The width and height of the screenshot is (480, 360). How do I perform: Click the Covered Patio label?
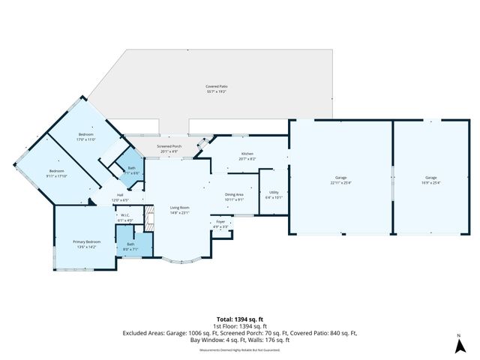[x=217, y=88]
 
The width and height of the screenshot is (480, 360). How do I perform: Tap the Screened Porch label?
[x=169, y=148]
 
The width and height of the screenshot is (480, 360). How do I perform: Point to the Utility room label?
[x=274, y=195]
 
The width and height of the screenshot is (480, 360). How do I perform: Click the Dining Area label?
[x=235, y=197]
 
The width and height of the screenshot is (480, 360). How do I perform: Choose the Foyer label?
[x=220, y=224]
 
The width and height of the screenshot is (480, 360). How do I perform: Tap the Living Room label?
[x=178, y=209]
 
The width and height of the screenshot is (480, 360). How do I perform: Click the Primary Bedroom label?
[x=86, y=244]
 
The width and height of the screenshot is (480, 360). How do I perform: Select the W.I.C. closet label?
[x=125, y=219]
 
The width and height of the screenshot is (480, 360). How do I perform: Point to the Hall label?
[x=120, y=199]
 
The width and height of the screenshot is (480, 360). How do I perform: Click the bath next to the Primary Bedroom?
[x=130, y=245]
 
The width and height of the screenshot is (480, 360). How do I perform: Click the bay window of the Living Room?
[x=180, y=262]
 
